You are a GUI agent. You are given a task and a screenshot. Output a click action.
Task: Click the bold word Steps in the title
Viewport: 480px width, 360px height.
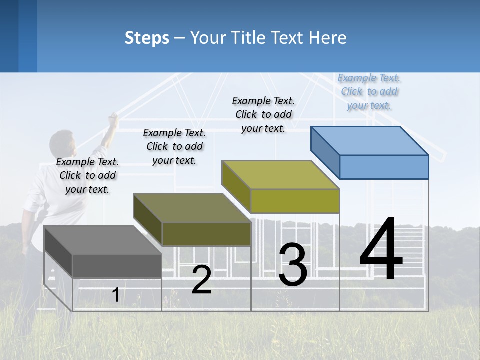tap(147, 38)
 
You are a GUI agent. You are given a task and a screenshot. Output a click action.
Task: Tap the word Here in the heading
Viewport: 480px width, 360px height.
tap(328, 38)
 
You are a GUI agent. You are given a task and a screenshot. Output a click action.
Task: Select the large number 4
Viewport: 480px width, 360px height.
tap(381, 250)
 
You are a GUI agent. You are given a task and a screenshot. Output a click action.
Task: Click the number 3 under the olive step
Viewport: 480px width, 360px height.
tap(293, 265)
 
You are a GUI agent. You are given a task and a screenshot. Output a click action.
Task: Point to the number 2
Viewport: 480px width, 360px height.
tap(201, 280)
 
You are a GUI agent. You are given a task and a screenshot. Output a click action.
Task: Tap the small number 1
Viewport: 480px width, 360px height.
tap(115, 295)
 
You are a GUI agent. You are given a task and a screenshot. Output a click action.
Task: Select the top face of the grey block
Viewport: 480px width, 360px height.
tap(103, 240)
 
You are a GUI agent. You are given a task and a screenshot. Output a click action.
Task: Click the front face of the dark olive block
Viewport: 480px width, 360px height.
tap(206, 234)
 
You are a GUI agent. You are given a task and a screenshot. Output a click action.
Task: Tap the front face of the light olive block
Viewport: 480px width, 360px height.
tap(295, 201)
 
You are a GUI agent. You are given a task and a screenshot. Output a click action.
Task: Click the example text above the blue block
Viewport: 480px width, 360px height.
tap(369, 91)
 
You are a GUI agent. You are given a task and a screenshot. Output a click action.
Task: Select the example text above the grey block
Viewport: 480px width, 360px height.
tap(87, 175)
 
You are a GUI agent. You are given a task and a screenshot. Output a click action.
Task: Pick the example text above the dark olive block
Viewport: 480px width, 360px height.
tap(174, 146)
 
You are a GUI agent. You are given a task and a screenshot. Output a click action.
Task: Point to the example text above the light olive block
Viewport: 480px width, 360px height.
tap(263, 114)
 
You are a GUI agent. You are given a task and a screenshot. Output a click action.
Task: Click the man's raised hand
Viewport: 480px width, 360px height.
tap(113, 118)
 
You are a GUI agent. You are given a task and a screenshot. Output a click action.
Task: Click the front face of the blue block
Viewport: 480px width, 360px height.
tap(384, 167)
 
